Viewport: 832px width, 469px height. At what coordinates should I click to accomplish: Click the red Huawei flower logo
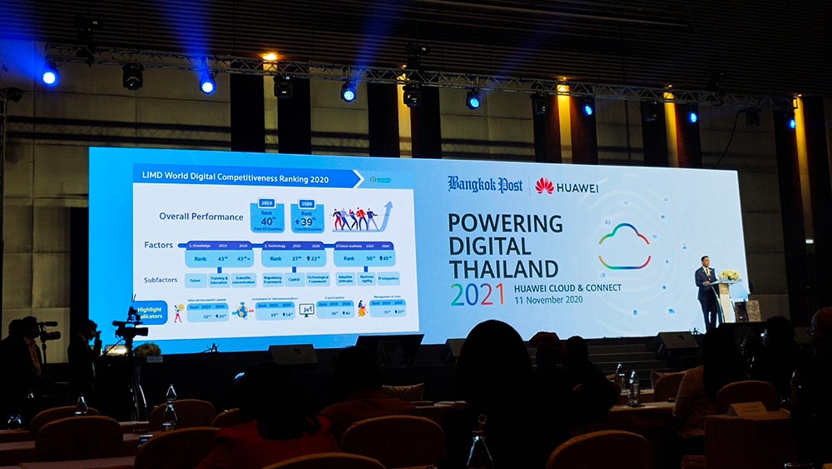point(545,186)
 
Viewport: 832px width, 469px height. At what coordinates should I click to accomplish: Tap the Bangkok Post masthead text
point(485,184)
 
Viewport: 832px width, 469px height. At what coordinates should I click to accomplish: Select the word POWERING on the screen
point(505,223)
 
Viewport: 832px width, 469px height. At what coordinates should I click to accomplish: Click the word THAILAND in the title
point(503,268)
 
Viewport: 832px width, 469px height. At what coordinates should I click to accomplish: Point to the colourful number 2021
point(478,294)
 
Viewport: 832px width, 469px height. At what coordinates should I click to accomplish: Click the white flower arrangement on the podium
point(730,274)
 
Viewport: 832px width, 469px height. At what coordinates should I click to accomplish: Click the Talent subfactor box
point(196,280)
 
